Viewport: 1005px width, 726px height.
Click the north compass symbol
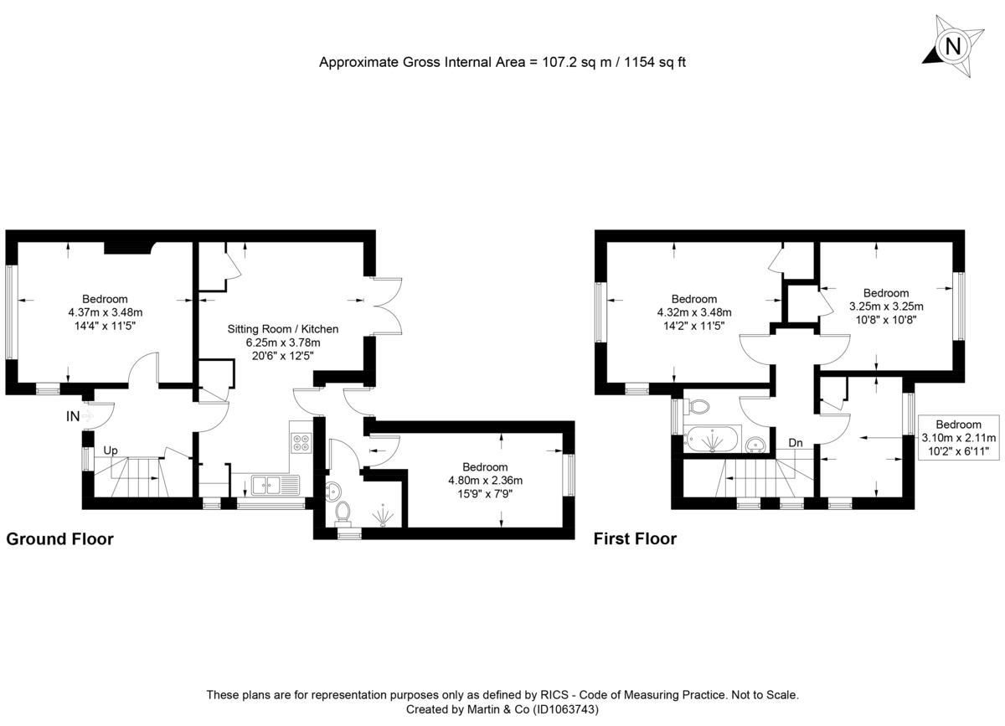[x=952, y=45]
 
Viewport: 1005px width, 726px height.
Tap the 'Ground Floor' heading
[x=59, y=539]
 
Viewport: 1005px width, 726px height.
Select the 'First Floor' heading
[x=635, y=539]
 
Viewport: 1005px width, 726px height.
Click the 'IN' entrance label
[x=75, y=415]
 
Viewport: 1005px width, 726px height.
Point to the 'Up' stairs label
[x=110, y=451]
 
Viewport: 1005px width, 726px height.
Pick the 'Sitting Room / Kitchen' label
[x=283, y=328]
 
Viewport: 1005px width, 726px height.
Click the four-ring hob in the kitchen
[x=301, y=443]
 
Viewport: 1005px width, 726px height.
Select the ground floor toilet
[x=343, y=510]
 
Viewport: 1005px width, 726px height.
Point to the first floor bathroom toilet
[x=697, y=407]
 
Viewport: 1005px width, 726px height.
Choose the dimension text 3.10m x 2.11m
[x=959, y=438]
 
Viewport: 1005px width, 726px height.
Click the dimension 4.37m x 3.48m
[x=106, y=312]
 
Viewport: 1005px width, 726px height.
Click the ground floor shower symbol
[x=383, y=516]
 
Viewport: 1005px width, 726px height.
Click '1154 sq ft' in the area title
[x=652, y=62]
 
